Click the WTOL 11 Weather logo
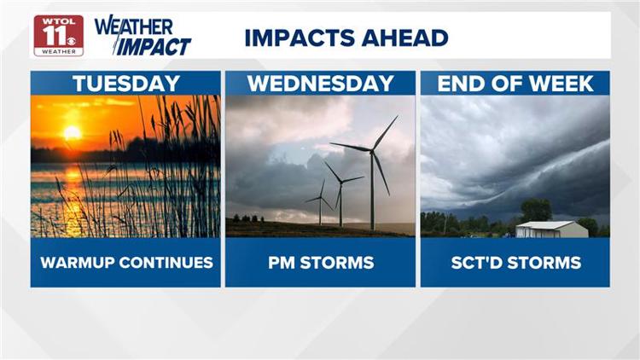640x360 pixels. click(x=59, y=36)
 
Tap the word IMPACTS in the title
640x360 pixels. click(x=300, y=38)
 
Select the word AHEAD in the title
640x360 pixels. click(x=404, y=38)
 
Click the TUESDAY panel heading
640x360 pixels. click(x=126, y=84)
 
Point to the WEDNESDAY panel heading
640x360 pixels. click(x=320, y=84)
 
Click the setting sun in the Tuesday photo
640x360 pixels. click(x=73, y=132)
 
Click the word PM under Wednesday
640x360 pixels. click(x=282, y=263)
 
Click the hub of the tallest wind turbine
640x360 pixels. click(x=371, y=152)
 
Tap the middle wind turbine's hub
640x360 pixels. click(x=341, y=183)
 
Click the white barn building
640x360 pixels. click(x=551, y=229)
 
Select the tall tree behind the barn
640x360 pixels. click(x=536, y=210)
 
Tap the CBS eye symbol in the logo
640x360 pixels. click(x=72, y=41)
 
